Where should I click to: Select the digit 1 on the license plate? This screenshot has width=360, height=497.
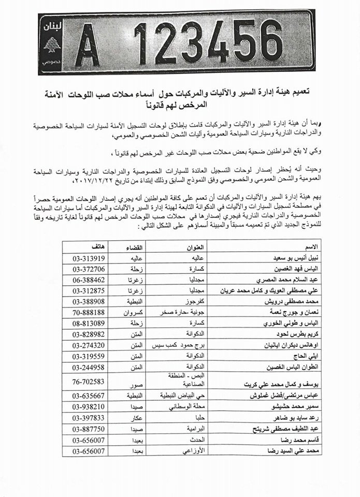click(141, 43)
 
